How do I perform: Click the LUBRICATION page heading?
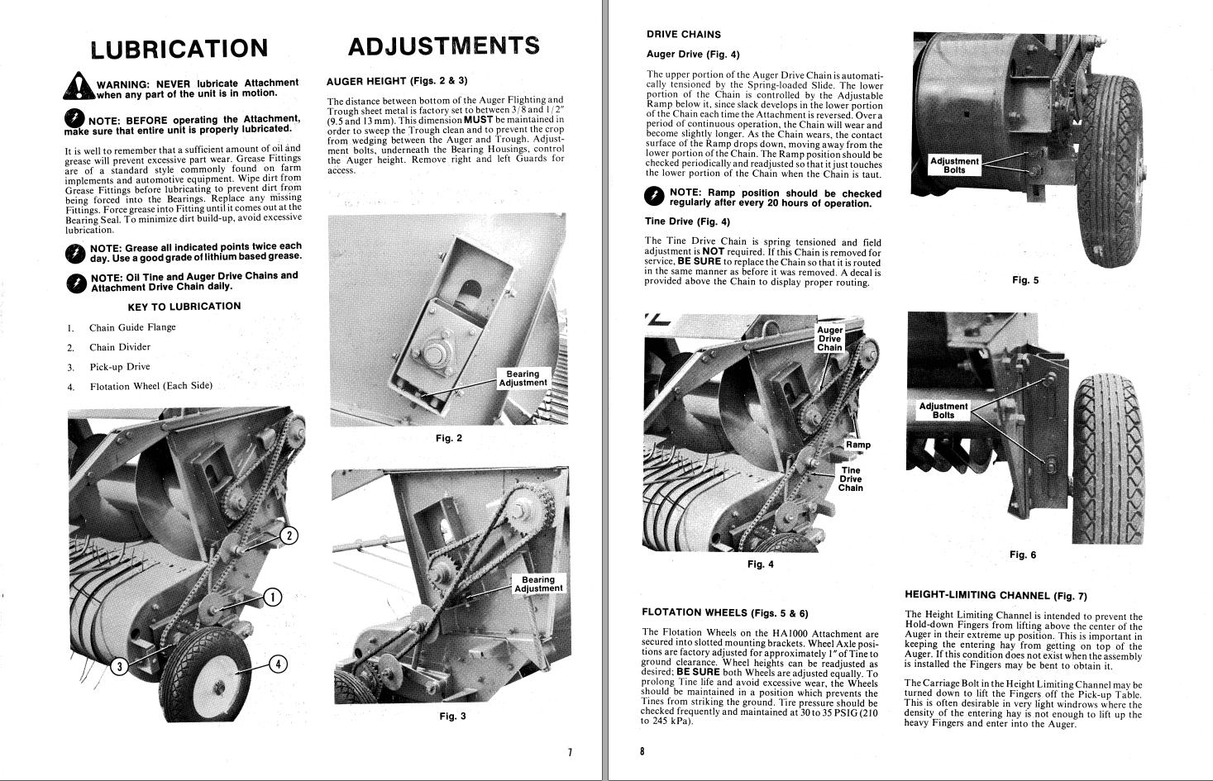click(x=179, y=49)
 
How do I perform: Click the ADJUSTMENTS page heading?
click(x=443, y=46)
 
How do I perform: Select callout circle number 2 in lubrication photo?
click(x=289, y=536)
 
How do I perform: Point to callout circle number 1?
click(x=272, y=597)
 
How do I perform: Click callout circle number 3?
click(x=120, y=667)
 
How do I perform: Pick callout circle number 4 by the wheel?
click(x=278, y=664)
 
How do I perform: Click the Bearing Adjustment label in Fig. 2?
click(x=523, y=379)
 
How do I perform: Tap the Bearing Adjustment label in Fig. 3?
click(x=538, y=584)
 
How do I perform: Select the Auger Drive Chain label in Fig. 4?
click(x=829, y=339)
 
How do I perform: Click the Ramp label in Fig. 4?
click(x=857, y=445)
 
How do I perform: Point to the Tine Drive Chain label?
click(x=850, y=479)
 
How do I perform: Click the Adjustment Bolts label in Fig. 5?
click(x=954, y=166)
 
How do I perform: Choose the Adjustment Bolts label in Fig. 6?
click(x=943, y=411)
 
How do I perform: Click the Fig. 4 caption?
click(x=760, y=564)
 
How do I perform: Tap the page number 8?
click(x=642, y=751)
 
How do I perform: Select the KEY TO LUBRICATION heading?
click(x=184, y=307)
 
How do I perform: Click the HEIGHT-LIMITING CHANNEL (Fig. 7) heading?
click(x=996, y=595)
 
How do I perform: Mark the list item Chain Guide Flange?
click(x=132, y=327)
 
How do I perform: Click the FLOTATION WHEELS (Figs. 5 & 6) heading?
click(x=725, y=613)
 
